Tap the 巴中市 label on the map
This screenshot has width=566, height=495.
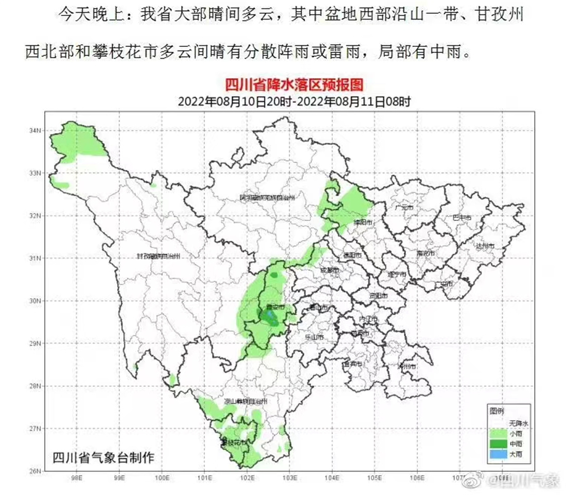coord(463,217)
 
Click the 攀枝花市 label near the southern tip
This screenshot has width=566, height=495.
coord(233,442)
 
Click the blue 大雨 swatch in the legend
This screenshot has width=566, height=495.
coord(497,454)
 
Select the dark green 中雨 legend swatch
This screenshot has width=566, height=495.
coord(497,444)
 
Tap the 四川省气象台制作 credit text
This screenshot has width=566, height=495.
coord(102,457)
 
